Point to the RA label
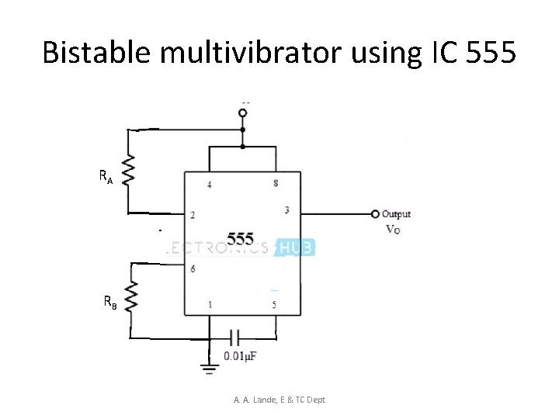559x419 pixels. point(106,177)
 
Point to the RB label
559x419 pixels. point(110,303)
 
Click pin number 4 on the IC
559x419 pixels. point(209,184)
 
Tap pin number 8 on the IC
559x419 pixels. point(276,183)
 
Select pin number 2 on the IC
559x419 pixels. point(193,214)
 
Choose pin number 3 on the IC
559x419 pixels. point(286,209)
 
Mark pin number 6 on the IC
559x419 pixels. point(193,268)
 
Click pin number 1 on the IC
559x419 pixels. point(210,305)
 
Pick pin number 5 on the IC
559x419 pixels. point(275,305)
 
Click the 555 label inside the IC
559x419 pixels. point(240,238)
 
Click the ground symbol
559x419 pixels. point(209,369)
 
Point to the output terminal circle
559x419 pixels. point(375,214)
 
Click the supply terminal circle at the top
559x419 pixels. point(243,113)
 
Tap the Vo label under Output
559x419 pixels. point(393,230)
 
